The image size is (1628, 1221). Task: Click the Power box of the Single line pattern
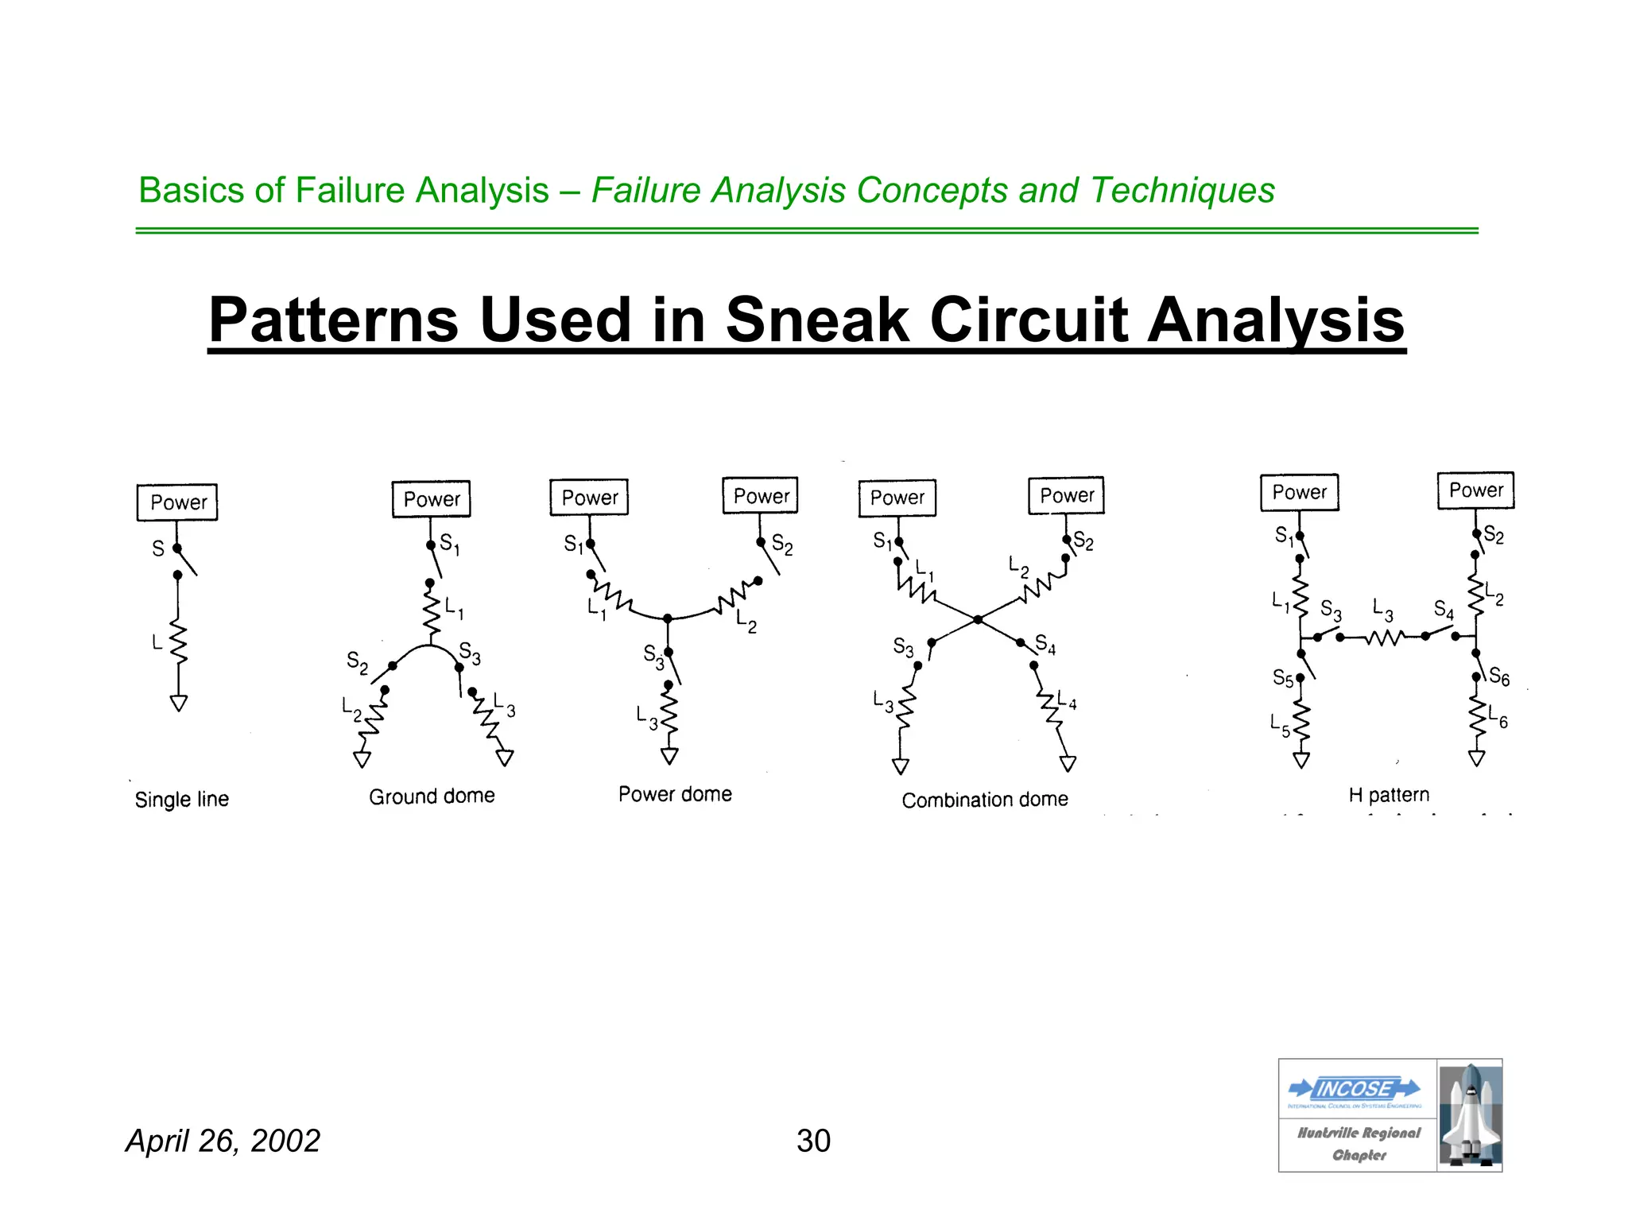[x=177, y=502]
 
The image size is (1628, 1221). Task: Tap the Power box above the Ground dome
[x=432, y=499]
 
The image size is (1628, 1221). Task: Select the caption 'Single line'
[x=182, y=799]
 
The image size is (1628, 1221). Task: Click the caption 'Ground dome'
[x=432, y=796]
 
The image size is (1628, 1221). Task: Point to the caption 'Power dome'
[x=675, y=794]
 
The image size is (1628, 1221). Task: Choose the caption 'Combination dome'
[x=984, y=800]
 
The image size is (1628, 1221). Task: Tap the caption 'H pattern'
[x=1388, y=795]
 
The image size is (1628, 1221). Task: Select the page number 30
[x=813, y=1141]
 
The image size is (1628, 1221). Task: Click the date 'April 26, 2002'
[x=223, y=1141]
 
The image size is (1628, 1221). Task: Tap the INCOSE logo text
[x=1355, y=1088]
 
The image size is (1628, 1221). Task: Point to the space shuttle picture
[x=1470, y=1115]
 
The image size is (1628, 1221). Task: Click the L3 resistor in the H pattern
[x=1385, y=638]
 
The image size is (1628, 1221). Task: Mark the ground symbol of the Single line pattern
[x=179, y=704]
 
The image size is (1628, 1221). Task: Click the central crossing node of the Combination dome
[x=978, y=619]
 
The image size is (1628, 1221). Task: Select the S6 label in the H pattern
[x=1499, y=676]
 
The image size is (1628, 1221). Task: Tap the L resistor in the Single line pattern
[x=179, y=642]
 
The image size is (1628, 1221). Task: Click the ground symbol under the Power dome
[x=670, y=755]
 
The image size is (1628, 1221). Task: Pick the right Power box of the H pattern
[x=1475, y=490]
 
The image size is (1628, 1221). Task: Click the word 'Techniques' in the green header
[x=1182, y=191]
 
